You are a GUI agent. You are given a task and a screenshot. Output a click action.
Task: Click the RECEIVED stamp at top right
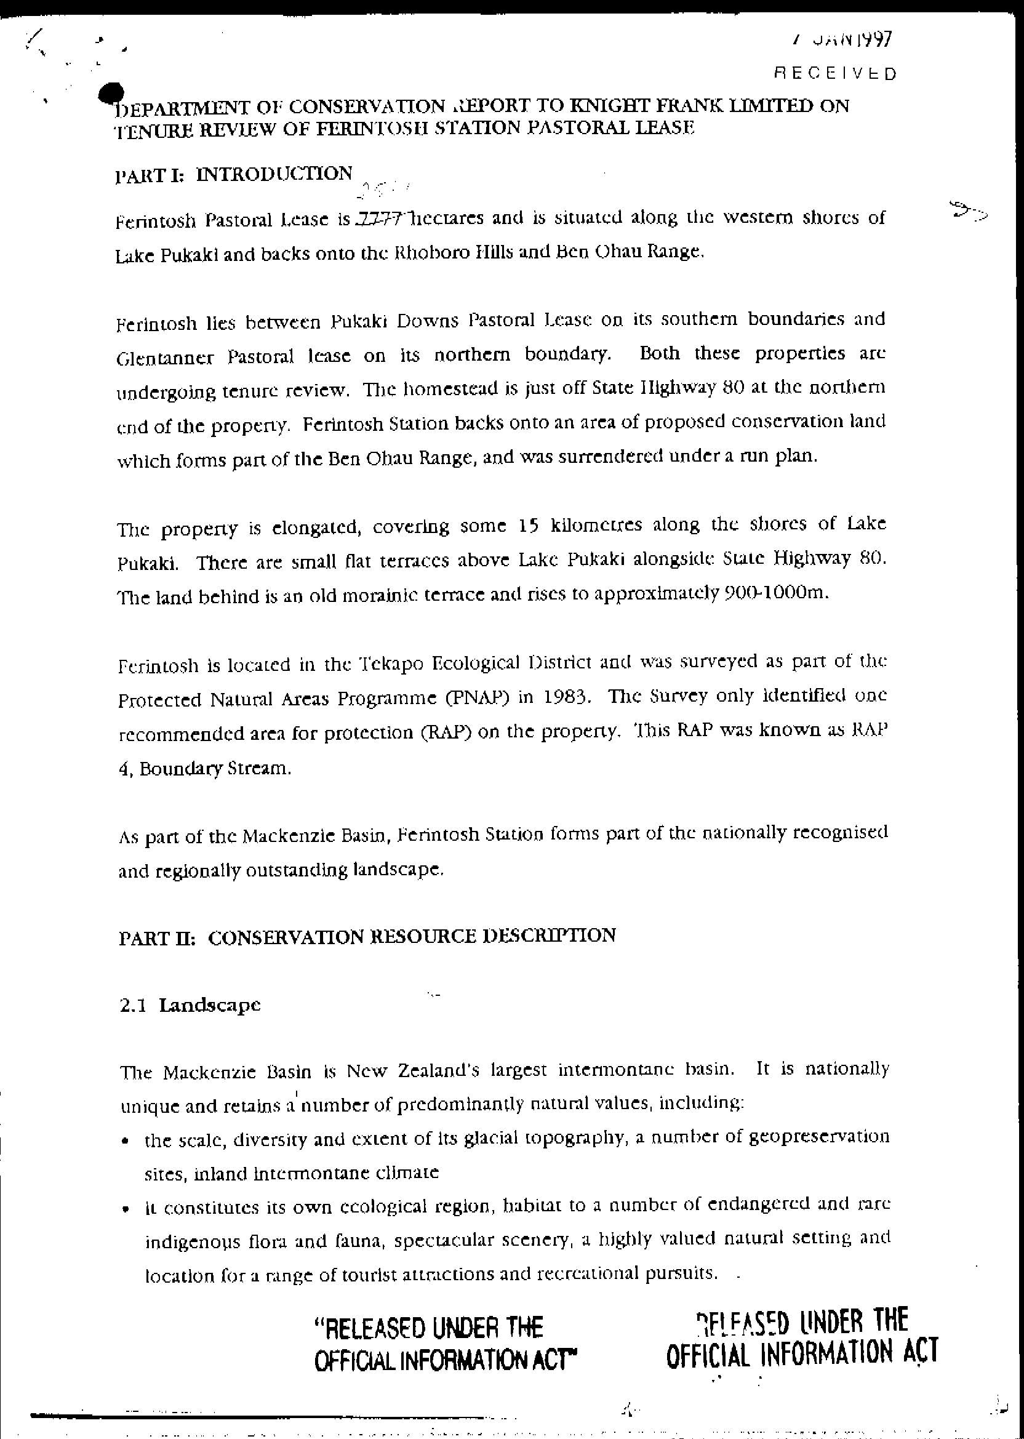pyautogui.click(x=834, y=74)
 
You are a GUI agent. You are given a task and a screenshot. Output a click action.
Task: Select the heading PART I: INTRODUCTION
pyautogui.click(x=234, y=174)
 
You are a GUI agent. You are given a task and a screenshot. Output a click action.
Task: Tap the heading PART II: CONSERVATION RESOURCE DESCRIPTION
pyautogui.click(x=367, y=936)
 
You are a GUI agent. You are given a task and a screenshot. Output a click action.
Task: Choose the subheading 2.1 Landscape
pyautogui.click(x=190, y=1004)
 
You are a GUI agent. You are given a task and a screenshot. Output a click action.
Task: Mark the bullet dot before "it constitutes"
pyautogui.click(x=128, y=1211)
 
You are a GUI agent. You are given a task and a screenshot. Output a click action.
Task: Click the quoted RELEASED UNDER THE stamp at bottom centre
pyautogui.click(x=428, y=1328)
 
